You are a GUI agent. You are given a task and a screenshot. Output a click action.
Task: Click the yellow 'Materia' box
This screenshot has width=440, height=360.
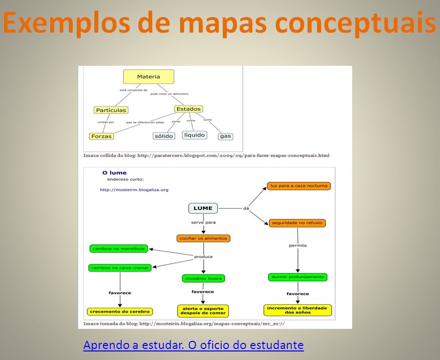tap(149, 77)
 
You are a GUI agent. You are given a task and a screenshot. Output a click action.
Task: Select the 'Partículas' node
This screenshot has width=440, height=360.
tap(111, 110)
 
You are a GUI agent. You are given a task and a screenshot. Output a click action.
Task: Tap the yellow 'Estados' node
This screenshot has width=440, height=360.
tap(188, 109)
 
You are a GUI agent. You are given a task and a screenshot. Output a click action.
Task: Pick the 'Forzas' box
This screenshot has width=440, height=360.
tap(101, 136)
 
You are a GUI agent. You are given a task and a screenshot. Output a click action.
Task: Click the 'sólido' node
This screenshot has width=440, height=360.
tap(164, 136)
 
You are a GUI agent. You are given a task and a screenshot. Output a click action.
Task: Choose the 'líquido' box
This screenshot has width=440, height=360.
tap(194, 135)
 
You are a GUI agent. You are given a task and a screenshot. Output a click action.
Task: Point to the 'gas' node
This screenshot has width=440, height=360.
tap(226, 136)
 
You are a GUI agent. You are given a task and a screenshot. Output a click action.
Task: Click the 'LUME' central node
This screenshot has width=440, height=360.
tap(203, 208)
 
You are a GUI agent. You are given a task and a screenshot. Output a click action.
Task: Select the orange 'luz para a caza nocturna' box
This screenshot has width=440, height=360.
tap(299, 186)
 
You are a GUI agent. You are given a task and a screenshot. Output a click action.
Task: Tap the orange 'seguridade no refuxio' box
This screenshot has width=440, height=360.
tap(298, 222)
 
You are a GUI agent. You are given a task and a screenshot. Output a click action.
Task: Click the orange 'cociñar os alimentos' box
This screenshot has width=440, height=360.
tap(203, 238)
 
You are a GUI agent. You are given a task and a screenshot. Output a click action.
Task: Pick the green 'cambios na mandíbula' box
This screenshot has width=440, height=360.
tap(118, 249)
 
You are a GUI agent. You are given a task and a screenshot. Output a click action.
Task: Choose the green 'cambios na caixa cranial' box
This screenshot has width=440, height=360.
tap(119, 268)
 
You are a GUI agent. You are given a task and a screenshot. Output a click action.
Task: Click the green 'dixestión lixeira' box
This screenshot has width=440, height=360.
tap(203, 278)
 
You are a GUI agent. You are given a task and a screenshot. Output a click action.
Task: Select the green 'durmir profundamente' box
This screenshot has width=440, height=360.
tap(298, 277)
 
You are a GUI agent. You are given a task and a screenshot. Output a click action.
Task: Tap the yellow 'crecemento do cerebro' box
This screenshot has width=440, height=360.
tap(119, 311)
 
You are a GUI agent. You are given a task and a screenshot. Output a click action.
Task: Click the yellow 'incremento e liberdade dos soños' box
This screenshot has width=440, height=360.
tap(298, 310)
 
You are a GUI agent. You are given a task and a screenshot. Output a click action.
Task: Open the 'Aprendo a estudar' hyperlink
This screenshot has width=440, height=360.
tap(193, 345)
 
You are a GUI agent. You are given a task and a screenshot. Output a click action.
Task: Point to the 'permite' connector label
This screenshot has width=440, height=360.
tap(298, 246)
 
